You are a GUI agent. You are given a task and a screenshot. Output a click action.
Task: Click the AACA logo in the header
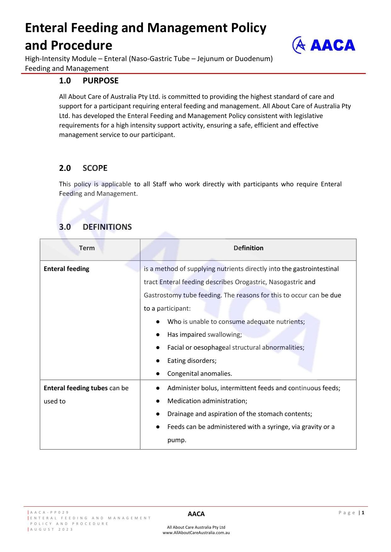tap(324, 45)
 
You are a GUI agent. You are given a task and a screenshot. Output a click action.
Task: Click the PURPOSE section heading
tap(101, 81)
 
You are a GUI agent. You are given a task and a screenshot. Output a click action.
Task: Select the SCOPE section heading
tap(95, 168)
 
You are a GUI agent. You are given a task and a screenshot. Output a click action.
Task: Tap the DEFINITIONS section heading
tap(107, 227)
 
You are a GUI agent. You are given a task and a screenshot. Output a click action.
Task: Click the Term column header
tap(87, 248)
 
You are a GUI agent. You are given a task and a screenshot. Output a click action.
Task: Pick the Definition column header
tap(248, 248)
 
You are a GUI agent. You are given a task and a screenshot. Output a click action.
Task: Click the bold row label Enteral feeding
tap(66, 269)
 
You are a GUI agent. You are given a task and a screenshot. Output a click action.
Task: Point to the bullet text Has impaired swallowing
tap(204, 335)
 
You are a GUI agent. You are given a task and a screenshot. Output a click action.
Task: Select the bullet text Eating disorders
tap(192, 361)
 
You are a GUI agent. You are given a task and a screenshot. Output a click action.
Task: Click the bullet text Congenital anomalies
tap(199, 374)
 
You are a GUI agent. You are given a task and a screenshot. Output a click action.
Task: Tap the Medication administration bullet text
tap(207, 401)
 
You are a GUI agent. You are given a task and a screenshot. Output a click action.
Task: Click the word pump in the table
tap(176, 440)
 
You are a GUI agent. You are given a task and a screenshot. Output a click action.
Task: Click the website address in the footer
tap(196, 533)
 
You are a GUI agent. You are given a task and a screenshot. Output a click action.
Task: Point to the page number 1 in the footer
tap(363, 513)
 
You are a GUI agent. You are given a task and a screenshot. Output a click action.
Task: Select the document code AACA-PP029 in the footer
tap(49, 513)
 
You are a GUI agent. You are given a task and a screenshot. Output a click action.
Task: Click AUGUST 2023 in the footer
tap(52, 529)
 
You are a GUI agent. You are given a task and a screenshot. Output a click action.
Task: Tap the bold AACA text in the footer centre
tap(196, 514)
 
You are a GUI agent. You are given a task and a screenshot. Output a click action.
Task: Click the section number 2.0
tap(65, 168)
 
